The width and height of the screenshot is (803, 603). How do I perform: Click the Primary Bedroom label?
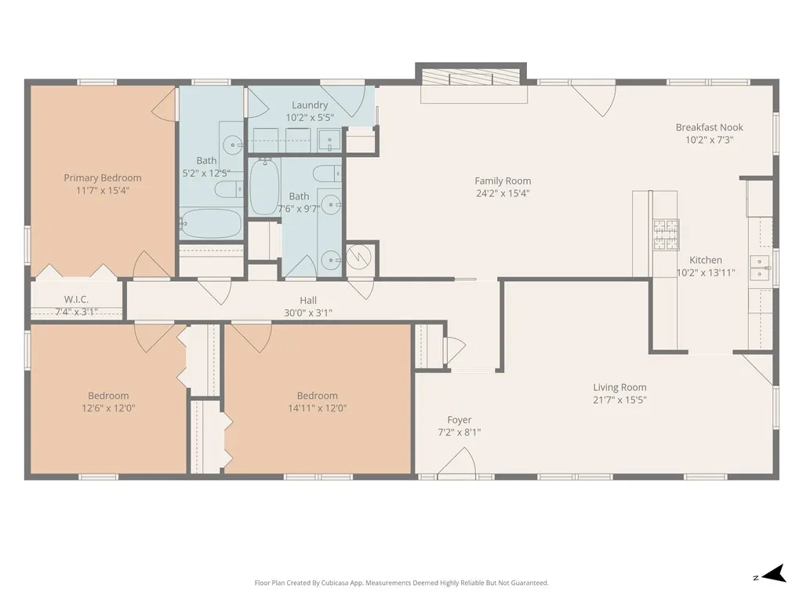[x=103, y=178]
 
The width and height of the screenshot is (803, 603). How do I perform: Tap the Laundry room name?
[x=310, y=105]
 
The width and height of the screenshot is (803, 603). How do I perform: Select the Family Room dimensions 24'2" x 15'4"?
[x=503, y=193]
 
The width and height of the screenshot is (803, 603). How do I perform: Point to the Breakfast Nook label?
[x=709, y=127]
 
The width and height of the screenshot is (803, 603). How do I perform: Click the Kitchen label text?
[x=706, y=260]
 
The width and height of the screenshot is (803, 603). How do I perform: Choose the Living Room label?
[x=620, y=388]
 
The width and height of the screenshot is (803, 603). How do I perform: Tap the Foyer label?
[x=460, y=420]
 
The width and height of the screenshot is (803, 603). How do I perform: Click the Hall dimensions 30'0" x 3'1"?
[x=308, y=312]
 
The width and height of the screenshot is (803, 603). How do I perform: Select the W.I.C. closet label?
[x=76, y=299]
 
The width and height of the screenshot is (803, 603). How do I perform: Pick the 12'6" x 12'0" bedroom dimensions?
[x=108, y=408]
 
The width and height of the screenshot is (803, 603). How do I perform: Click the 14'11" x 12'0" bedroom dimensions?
[x=318, y=408]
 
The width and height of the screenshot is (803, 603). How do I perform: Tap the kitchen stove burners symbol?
[x=666, y=234]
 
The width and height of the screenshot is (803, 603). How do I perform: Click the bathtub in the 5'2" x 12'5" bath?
[x=211, y=224]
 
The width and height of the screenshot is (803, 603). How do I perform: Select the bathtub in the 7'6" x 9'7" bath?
[x=264, y=187]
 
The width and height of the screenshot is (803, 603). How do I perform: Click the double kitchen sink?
[x=760, y=269]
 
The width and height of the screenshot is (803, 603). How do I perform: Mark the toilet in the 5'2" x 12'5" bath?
[x=229, y=189]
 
